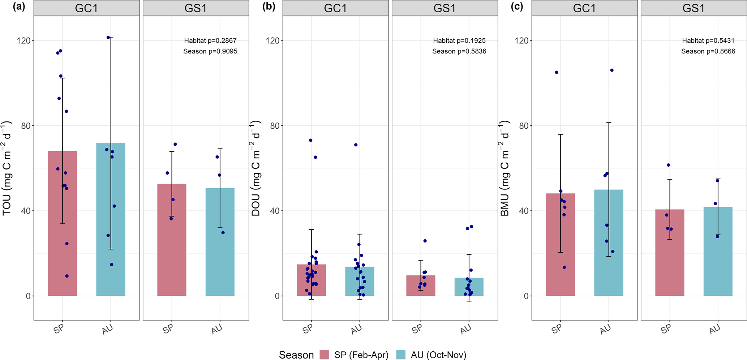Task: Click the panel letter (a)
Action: [x=18, y=7]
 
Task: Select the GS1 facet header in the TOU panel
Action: [x=196, y=8]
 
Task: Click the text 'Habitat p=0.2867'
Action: [x=210, y=40]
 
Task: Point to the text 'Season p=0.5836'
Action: [x=459, y=51]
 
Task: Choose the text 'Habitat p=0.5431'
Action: [x=708, y=40]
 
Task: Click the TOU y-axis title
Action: [x=7, y=168]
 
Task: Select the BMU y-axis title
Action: [x=505, y=168]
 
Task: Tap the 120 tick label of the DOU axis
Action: [x=273, y=40]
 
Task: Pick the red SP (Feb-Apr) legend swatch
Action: [x=324, y=355]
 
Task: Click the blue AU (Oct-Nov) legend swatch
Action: [x=401, y=355]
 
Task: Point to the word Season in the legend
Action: [x=296, y=355]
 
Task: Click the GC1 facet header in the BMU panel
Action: [x=584, y=8]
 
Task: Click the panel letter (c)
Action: [x=517, y=7]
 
